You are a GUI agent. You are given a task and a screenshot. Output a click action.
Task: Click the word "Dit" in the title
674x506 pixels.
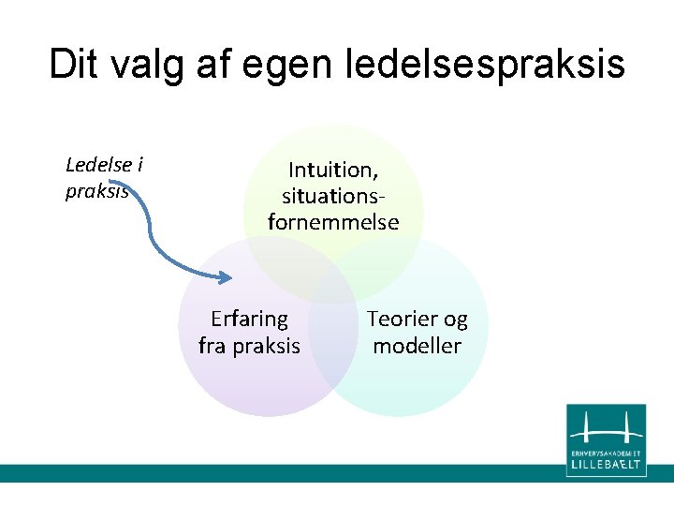tap(79, 64)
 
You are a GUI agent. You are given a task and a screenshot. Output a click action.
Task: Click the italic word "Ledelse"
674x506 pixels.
tap(97, 166)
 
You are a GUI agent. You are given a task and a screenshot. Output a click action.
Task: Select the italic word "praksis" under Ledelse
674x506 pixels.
tap(97, 192)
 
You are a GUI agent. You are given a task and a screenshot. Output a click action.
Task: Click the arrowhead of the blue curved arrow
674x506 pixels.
tap(225, 277)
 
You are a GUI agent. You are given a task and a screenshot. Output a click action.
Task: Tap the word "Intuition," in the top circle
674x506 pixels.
tap(332, 170)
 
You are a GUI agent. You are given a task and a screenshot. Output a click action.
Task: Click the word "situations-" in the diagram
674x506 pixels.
tap(333, 196)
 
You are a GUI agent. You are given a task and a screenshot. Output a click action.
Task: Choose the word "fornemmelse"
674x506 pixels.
tap(333, 222)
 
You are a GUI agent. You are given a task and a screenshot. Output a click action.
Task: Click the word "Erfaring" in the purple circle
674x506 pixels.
tap(249, 320)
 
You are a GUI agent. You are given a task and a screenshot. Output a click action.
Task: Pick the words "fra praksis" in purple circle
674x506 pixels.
tap(249, 346)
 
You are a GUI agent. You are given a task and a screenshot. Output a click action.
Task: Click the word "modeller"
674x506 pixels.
tap(417, 346)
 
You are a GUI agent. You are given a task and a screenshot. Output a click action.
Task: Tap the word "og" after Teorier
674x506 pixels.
tap(455, 320)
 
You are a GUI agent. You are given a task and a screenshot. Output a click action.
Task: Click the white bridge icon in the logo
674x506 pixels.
tap(606, 429)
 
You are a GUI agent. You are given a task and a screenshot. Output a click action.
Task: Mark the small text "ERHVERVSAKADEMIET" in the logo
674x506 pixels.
tap(606, 452)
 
